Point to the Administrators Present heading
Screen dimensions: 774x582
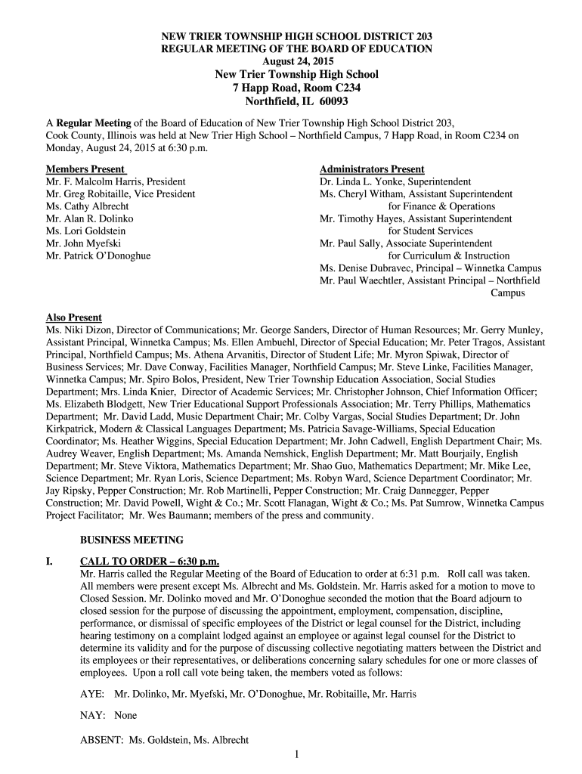372,169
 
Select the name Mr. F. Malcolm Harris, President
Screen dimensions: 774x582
116,181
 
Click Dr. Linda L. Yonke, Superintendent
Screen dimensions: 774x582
395,181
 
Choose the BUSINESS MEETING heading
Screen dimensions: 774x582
132,540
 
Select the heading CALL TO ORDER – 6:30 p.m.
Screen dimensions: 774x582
150,561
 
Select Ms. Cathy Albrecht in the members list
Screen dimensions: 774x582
87,206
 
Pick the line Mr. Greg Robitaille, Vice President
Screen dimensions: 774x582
120,194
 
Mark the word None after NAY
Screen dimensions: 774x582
125,715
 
